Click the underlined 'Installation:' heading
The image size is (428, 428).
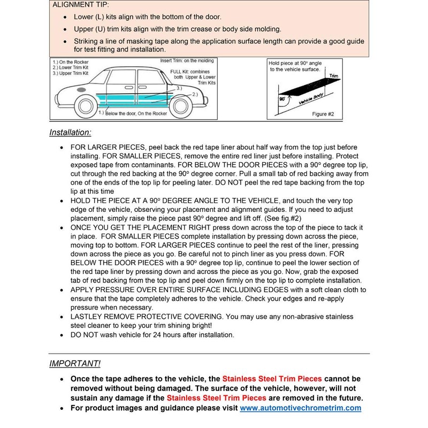[x=70, y=132]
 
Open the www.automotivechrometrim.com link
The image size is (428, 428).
[x=300, y=408]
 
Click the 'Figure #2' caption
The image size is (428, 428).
[x=323, y=114]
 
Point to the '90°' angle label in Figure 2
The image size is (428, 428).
[x=282, y=100]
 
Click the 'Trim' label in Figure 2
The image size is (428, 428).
[x=335, y=77]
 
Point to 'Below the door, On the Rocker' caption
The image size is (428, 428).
[x=128, y=113]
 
